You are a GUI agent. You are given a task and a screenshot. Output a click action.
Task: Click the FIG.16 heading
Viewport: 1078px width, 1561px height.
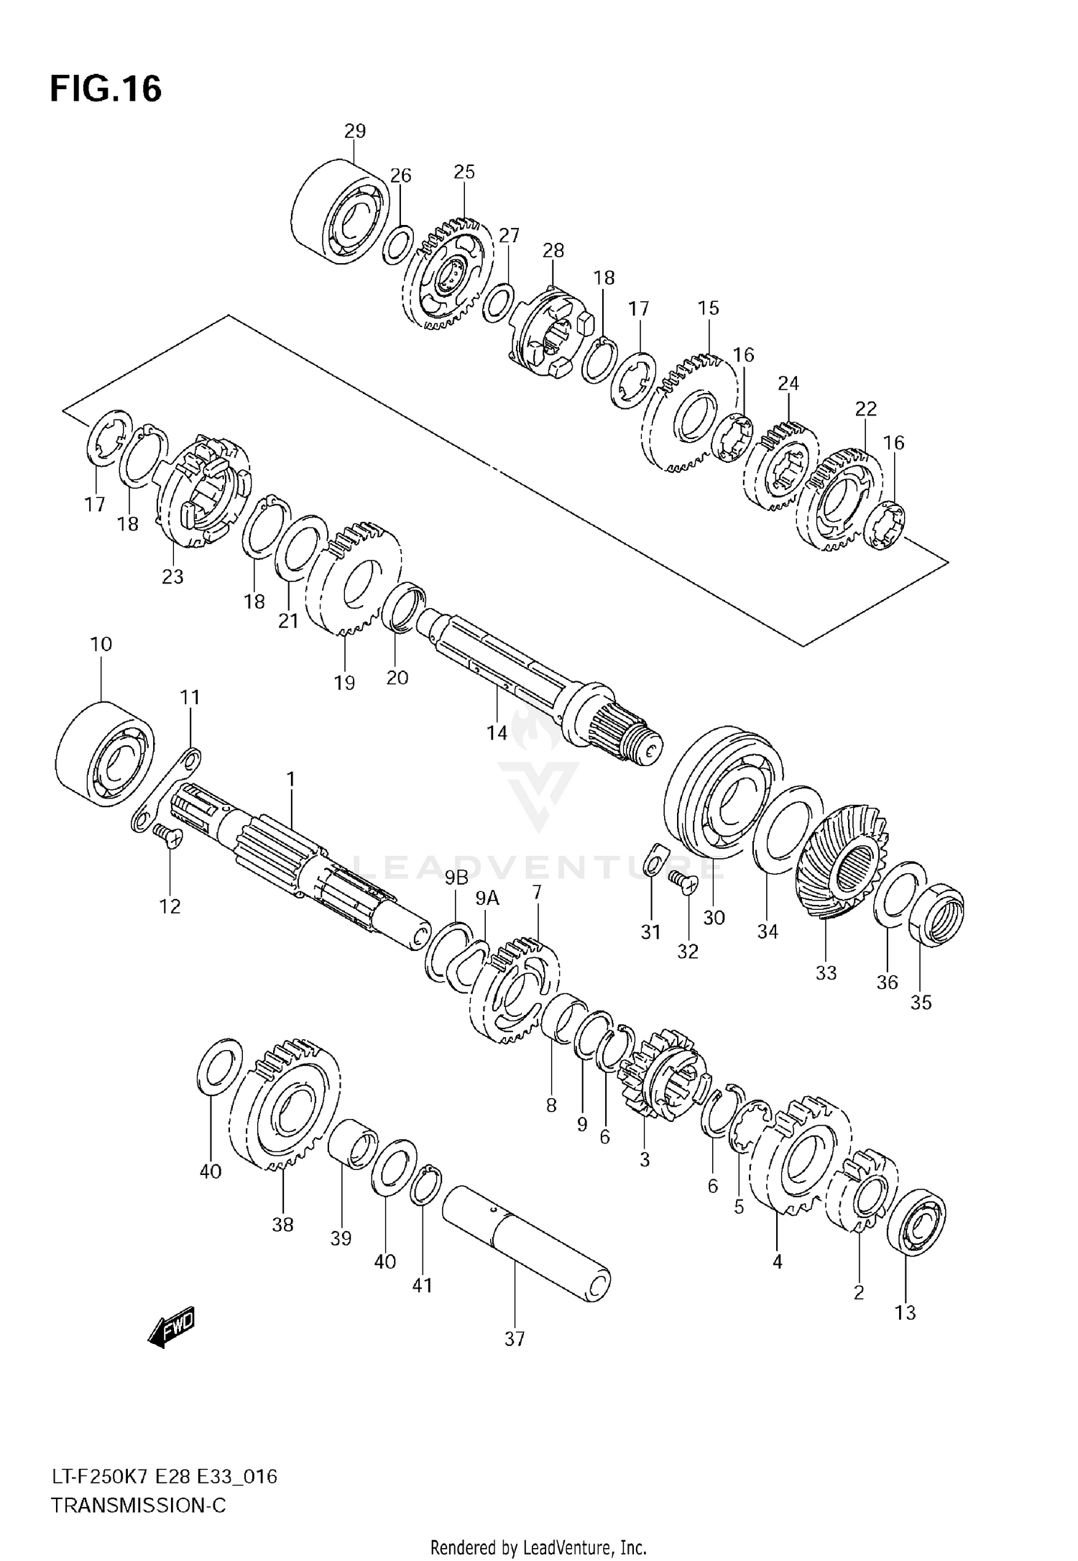click(x=106, y=90)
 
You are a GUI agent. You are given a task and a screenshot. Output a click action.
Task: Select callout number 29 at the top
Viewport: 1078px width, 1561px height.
click(x=355, y=131)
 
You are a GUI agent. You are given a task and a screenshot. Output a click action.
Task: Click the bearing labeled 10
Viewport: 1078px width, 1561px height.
click(x=104, y=753)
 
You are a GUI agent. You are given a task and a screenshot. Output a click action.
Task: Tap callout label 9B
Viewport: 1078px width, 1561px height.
click(x=456, y=877)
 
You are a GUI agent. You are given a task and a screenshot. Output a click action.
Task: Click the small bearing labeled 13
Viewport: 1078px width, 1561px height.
click(x=916, y=1222)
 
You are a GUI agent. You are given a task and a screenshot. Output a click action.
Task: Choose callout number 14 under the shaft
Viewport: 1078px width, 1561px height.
click(x=497, y=732)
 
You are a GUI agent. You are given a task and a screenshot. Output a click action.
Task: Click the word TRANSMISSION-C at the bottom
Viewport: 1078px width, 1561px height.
click(x=138, y=1505)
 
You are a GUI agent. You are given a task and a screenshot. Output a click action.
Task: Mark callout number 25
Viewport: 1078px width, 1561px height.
click(x=464, y=172)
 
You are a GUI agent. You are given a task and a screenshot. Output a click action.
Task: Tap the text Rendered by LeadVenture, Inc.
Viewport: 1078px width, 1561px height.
click(x=538, y=1542)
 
